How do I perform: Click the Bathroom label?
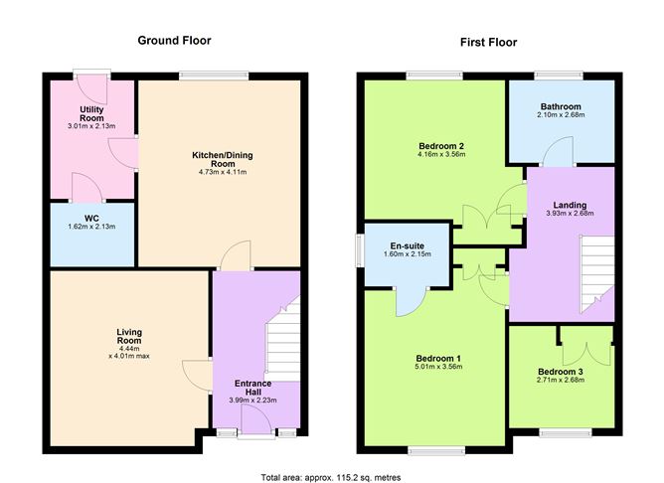click(x=561, y=106)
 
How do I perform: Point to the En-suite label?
click(x=396, y=245)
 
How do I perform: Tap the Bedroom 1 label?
click(x=437, y=359)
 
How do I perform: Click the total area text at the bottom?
click(x=331, y=476)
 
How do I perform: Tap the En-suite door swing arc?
click(x=411, y=300)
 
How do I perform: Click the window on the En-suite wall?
click(x=360, y=250)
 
